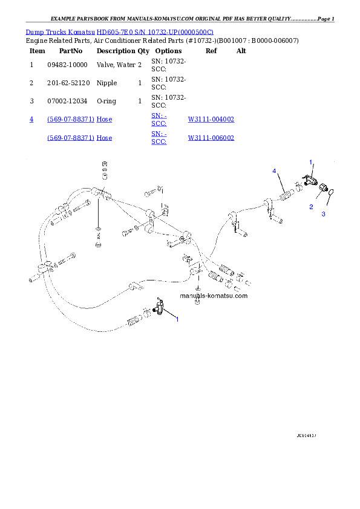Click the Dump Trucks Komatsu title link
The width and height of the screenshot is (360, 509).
pos(119,31)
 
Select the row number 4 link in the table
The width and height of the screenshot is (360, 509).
pos(31,119)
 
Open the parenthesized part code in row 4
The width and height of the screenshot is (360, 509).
pos(71,120)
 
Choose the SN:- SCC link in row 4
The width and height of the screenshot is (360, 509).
pos(159,119)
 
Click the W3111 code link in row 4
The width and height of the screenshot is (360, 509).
pos(211,120)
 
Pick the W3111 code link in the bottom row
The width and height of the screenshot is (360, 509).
pos(211,138)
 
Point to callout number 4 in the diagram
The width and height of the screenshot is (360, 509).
pos(274,172)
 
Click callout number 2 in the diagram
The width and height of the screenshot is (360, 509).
pos(311,207)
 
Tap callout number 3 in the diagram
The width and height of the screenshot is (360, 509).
pos(323,213)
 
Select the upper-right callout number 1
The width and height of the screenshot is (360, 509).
pos(311,162)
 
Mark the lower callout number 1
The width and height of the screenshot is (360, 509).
pos(177,320)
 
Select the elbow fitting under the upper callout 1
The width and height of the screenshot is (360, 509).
pos(309,179)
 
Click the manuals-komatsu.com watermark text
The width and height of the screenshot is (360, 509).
pos(214,296)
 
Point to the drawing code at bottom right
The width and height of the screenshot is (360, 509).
pos(307,435)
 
